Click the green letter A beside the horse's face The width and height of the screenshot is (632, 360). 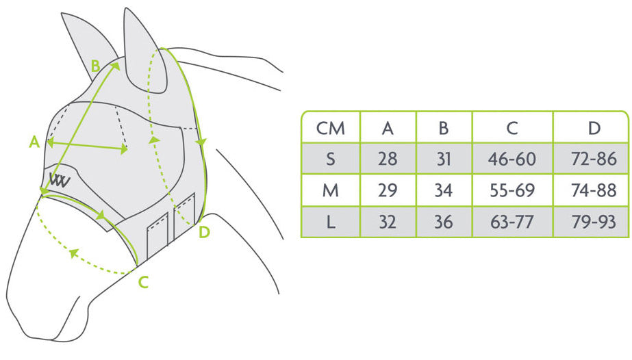(34, 142)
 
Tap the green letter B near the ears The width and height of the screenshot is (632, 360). (96, 66)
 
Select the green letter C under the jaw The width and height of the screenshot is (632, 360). (143, 281)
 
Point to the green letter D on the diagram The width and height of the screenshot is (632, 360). (203, 233)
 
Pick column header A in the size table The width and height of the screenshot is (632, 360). (388, 128)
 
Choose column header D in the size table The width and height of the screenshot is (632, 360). (594, 128)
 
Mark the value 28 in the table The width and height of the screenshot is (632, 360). (388, 159)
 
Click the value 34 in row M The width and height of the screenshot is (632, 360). (444, 191)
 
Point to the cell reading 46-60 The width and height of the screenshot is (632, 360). (511, 159)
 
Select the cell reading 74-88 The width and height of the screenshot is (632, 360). (594, 191)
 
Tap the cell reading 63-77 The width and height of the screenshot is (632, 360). (511, 222)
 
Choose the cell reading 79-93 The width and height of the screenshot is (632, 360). (594, 222)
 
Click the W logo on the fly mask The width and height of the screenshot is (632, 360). (58, 180)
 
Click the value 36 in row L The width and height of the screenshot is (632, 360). (444, 222)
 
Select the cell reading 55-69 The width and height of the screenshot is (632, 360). (511, 191)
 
